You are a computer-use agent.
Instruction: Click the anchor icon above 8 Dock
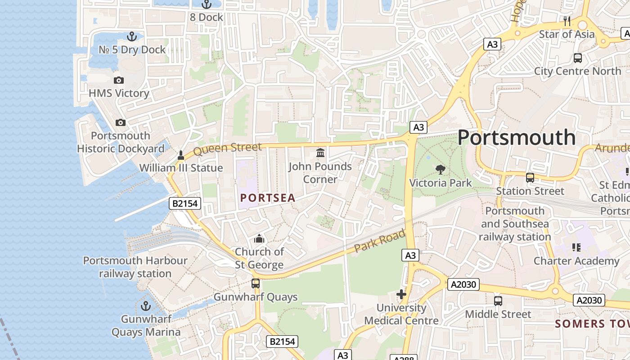click(207, 4)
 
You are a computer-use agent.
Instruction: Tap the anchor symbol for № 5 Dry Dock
click(132, 36)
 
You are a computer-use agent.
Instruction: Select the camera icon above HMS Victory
click(119, 80)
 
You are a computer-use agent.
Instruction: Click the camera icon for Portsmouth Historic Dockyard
click(121, 122)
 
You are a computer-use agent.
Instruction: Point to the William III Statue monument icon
click(181, 155)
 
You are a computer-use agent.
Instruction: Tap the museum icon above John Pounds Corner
click(320, 153)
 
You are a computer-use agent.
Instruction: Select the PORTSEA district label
click(268, 198)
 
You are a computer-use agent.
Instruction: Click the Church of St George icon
click(259, 238)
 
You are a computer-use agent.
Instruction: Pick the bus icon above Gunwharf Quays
click(256, 283)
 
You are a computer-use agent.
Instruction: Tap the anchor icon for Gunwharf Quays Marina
click(146, 306)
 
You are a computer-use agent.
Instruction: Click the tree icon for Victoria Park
click(441, 170)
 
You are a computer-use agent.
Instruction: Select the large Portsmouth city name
click(517, 138)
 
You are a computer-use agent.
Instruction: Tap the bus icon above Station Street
click(530, 178)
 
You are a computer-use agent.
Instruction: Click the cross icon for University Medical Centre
click(401, 295)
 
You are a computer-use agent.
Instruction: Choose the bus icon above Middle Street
click(498, 301)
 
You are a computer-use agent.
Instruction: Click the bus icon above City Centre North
click(578, 58)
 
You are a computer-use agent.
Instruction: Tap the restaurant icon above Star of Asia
click(567, 21)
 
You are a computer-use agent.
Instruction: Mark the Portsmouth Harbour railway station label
click(135, 267)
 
